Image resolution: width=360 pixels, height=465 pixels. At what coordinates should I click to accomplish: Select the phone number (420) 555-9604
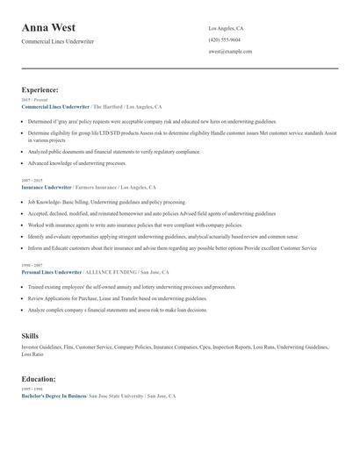pos(225,39)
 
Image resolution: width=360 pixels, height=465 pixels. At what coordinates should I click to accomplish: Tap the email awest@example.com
pos(231,52)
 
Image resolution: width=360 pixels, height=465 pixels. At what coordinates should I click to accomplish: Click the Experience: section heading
pos(40,89)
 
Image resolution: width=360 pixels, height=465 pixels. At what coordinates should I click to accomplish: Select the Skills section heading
pos(30,335)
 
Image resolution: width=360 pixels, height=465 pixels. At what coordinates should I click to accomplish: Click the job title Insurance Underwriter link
pos(47,188)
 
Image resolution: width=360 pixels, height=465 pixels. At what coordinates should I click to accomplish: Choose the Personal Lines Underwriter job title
pos(51,272)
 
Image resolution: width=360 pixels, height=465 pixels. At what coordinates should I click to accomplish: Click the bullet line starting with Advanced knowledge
pos(77,163)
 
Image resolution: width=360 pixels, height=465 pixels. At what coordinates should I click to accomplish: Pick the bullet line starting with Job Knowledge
pos(106,202)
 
